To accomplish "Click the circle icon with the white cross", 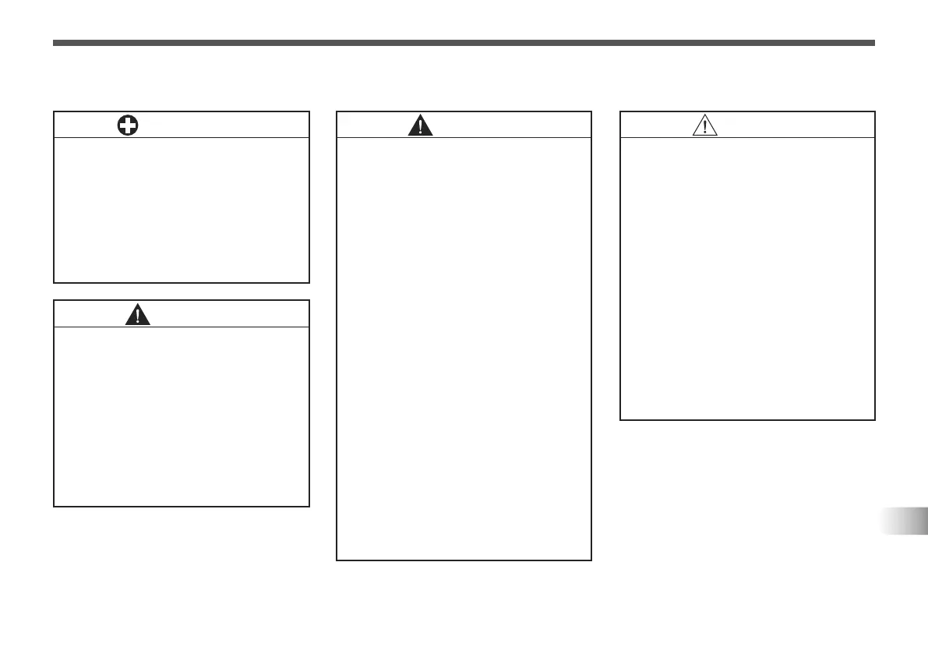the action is pyautogui.click(x=128, y=125).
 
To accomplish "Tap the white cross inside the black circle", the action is pyautogui.click(x=128, y=125).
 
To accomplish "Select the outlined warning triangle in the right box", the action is pyautogui.click(x=704, y=125).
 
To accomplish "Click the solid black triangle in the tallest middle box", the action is pyautogui.click(x=421, y=125).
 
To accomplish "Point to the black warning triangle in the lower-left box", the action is pyautogui.click(x=138, y=314).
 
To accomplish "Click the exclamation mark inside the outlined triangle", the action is pyautogui.click(x=704, y=127).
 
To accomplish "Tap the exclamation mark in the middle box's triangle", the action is pyautogui.click(x=421, y=127).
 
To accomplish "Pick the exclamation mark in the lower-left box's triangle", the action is pyautogui.click(x=138, y=316).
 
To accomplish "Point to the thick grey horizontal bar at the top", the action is pyautogui.click(x=464, y=43).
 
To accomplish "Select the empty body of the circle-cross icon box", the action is pyautogui.click(x=181, y=210).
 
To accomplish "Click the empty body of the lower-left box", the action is pyautogui.click(x=181, y=416).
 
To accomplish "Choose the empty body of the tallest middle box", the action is pyautogui.click(x=464, y=348).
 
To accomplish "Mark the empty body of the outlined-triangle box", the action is pyautogui.click(x=747, y=278).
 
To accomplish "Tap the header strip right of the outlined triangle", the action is pyautogui.click(x=795, y=125).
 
